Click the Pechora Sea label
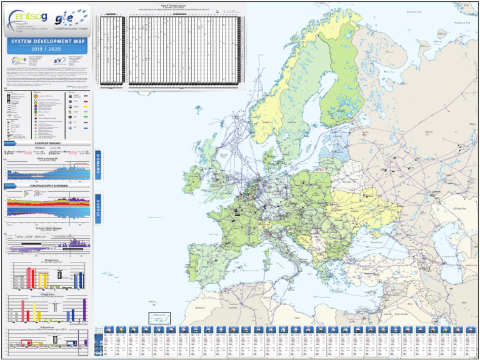click(462, 22)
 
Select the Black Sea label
click(376, 241)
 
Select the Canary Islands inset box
click(159, 317)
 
